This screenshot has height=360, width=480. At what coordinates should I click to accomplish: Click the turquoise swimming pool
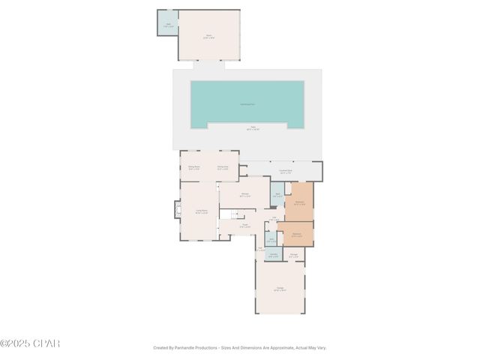pyautogui.click(x=247, y=104)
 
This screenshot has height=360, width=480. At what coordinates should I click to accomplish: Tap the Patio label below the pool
pyautogui.click(x=247, y=129)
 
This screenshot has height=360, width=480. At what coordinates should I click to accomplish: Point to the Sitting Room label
pyautogui.click(x=193, y=168)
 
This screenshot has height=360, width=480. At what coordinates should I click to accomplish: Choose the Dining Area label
pyautogui.click(x=223, y=168)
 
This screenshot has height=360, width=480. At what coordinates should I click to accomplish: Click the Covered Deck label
pyautogui.click(x=286, y=172)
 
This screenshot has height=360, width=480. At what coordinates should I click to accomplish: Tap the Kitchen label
pyautogui.click(x=244, y=194)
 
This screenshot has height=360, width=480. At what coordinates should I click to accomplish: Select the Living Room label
pyautogui.click(x=201, y=211)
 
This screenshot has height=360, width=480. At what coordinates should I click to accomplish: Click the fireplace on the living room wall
pyautogui.click(x=178, y=209)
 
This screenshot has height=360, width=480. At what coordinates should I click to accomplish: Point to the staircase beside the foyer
pyautogui.click(x=226, y=214)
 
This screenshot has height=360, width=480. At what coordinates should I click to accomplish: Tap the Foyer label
pyautogui.click(x=244, y=225)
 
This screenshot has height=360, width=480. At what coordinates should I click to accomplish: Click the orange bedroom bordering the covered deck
pyautogui.click(x=299, y=202)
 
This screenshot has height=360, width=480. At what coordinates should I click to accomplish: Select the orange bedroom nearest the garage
pyautogui.click(x=297, y=234)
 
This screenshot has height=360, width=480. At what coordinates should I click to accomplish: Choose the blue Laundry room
pyautogui.click(x=273, y=255)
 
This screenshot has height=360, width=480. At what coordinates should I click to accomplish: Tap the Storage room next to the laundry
pyautogui.click(x=294, y=255)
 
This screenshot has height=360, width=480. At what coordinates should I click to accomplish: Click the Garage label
pyautogui.click(x=279, y=289)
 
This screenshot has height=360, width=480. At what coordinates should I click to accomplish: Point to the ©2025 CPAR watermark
pyautogui.click(x=30, y=343)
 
